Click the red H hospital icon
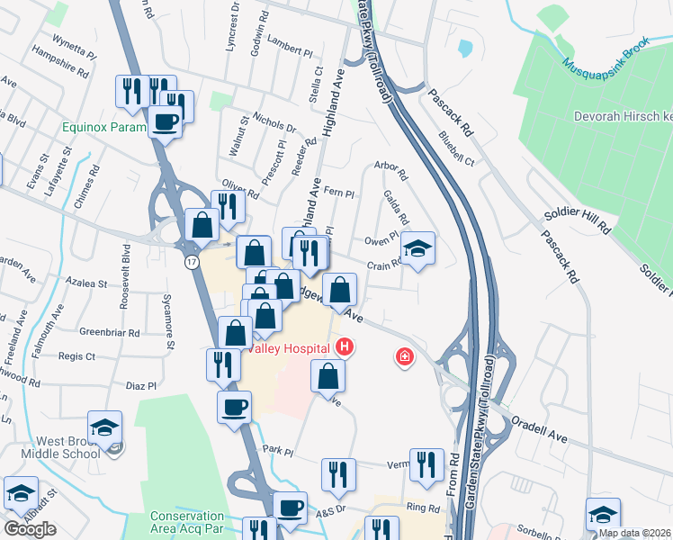pos(344,346)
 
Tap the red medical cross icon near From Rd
pos(405,358)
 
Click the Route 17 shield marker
pos(192,263)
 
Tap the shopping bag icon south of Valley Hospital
pos(328,375)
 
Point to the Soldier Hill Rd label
pos(577,225)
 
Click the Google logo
pos(30,529)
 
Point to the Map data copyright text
pos(634,533)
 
